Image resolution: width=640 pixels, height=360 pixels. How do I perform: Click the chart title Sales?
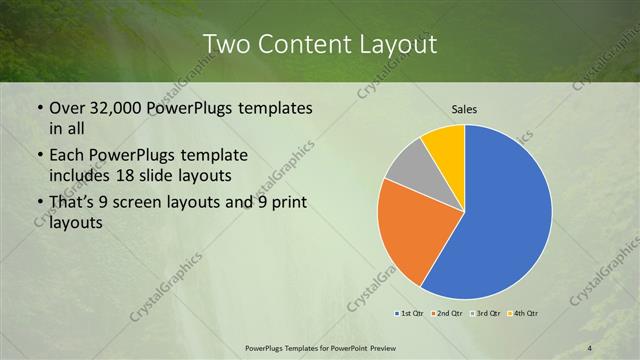pos(464,109)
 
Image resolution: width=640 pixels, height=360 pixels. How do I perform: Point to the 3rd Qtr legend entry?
pos(484,313)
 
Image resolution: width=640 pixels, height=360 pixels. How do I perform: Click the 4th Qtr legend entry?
pos(524,313)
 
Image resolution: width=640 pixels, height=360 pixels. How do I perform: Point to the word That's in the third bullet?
pos(72,204)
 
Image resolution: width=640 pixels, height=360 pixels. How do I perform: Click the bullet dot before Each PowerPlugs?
pos(39,157)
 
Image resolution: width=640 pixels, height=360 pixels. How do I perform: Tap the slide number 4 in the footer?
pos(590,348)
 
